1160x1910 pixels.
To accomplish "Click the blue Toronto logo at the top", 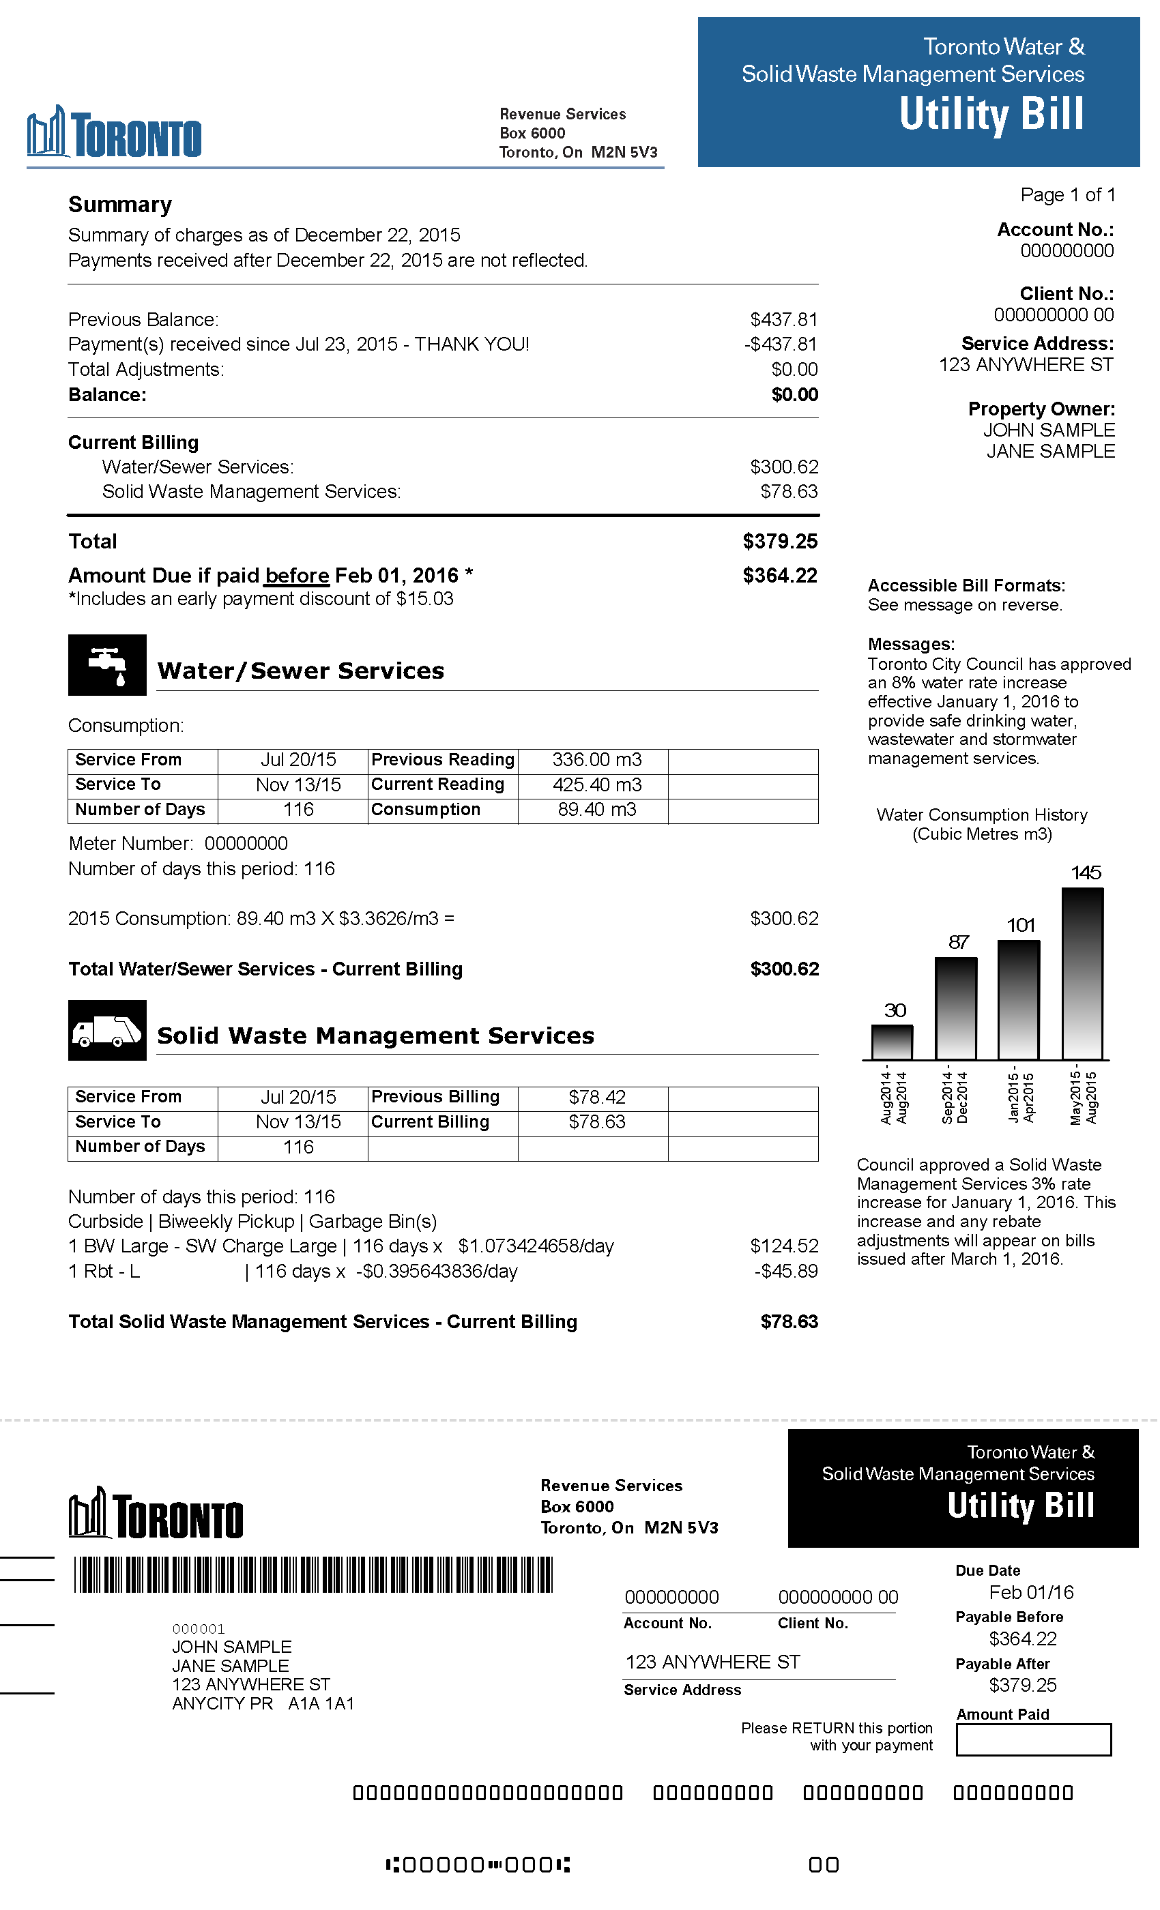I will [x=115, y=132].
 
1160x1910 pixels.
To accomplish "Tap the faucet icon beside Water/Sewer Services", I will [x=107, y=664].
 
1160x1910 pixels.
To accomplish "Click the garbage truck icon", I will [x=107, y=1030].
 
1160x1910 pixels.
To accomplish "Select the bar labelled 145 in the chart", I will [x=1082, y=973].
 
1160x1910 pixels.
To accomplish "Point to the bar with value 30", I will [x=892, y=1042].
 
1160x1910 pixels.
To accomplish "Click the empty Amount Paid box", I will [x=1033, y=1739].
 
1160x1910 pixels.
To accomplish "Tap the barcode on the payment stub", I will [x=313, y=1574].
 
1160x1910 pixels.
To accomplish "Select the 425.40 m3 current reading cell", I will [x=596, y=784].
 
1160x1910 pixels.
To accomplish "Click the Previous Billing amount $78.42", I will [x=596, y=1097].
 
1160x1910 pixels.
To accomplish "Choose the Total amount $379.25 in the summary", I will [x=779, y=541].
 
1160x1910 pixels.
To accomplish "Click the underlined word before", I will [x=297, y=575].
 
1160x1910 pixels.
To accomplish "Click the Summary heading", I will [x=120, y=205].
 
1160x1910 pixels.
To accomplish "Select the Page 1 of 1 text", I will [x=1067, y=194].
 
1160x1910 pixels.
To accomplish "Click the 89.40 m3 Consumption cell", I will [x=596, y=809].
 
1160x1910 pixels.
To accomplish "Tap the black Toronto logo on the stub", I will [x=156, y=1512].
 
